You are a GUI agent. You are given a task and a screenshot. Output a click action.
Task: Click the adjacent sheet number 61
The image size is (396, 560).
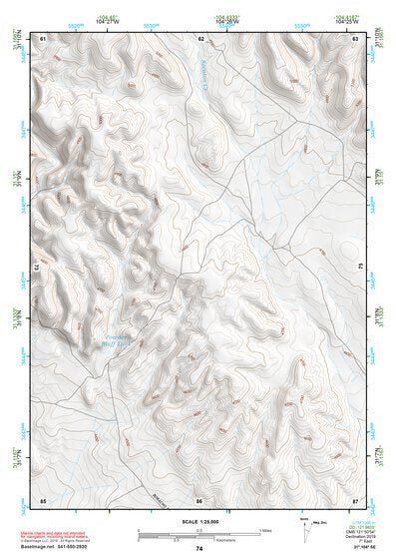pyautogui.click(x=43, y=38)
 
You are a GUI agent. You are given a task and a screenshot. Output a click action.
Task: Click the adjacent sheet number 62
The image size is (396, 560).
pyautogui.click(x=200, y=38)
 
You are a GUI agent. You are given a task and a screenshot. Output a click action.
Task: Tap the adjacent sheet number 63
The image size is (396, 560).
pyautogui.click(x=356, y=38)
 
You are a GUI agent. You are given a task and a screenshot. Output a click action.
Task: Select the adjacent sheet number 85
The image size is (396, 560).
pyautogui.click(x=43, y=499)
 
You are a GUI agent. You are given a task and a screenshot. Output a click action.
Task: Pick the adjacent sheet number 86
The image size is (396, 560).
pyautogui.click(x=199, y=499)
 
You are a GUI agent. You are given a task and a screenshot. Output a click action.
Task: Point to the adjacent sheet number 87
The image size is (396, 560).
pyautogui.click(x=356, y=499)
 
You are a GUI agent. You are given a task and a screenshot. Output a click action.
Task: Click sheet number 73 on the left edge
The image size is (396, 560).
pyautogui.click(x=34, y=268)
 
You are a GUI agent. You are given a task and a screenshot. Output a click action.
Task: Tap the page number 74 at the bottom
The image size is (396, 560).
pyautogui.click(x=199, y=549)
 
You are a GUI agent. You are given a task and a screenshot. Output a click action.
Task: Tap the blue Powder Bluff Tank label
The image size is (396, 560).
pyautogui.click(x=124, y=341)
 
